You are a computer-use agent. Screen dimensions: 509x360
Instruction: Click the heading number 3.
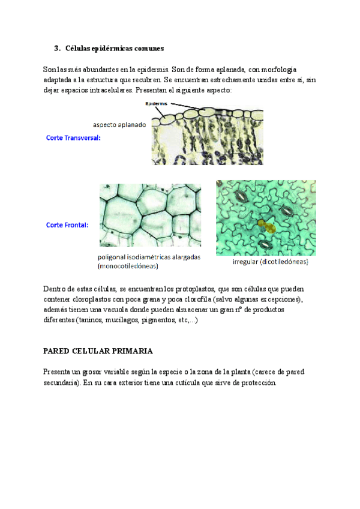pos(56,48)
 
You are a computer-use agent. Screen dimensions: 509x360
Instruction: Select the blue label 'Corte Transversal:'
pos(73,137)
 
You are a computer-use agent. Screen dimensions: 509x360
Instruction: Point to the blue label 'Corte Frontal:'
pos(67,226)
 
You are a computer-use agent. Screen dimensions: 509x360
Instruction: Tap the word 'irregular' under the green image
pos(247,262)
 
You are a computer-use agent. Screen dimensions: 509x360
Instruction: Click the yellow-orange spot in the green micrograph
pos(266,226)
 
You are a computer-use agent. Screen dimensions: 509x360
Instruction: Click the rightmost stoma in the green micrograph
pos(286,209)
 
